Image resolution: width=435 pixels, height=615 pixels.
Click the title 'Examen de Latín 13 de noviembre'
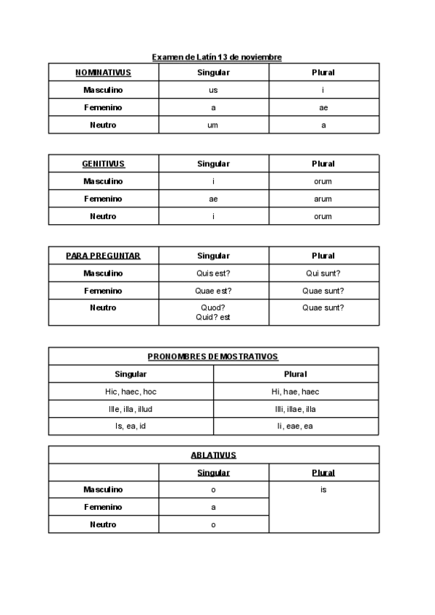(x=217, y=57)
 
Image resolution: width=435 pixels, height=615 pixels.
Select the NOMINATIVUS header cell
(x=103, y=73)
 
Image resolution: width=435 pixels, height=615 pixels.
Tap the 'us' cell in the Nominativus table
(x=213, y=90)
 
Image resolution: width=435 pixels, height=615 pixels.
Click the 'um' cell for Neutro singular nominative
(x=213, y=125)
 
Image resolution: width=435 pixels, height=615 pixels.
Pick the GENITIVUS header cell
(x=103, y=164)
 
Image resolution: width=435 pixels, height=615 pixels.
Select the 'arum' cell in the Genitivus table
(x=323, y=199)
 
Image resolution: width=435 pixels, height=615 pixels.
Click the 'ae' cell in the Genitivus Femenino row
(x=213, y=199)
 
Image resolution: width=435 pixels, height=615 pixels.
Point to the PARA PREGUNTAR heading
(x=103, y=255)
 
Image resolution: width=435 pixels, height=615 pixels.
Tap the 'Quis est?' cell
(x=213, y=273)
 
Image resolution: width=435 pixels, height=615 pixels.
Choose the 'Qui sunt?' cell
(x=323, y=273)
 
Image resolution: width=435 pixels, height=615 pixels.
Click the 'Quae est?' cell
(x=213, y=291)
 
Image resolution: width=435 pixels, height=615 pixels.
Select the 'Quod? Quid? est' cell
(x=213, y=313)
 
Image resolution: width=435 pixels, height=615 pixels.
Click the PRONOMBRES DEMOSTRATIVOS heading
(x=213, y=356)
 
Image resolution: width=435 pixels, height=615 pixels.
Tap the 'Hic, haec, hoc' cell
(x=130, y=392)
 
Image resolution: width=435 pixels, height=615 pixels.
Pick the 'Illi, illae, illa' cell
(x=296, y=409)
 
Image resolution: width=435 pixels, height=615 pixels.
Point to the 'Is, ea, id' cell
(x=130, y=426)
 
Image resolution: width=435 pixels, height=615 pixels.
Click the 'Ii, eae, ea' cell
(x=296, y=426)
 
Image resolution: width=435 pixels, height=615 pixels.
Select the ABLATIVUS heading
(x=213, y=455)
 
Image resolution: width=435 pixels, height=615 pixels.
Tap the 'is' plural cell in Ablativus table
(x=323, y=490)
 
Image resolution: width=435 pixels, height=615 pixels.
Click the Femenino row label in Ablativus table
(x=103, y=507)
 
